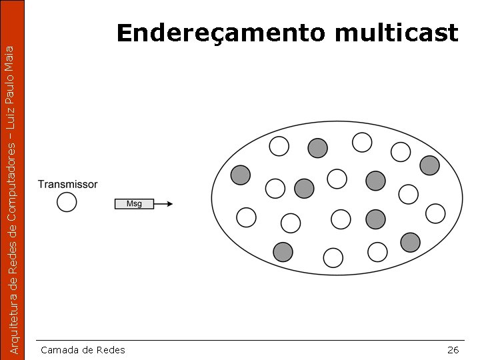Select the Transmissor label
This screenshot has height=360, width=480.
coord(67,184)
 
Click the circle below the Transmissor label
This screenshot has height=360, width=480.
coord(67,202)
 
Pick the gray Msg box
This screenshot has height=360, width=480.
coord(134,203)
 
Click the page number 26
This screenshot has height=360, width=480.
coord(453,350)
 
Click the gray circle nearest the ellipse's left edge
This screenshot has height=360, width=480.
coord(240,175)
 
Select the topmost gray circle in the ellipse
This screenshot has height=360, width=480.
coord(318,147)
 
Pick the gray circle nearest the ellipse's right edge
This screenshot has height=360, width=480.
coord(429,164)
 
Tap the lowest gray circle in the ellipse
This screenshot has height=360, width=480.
coord(283,251)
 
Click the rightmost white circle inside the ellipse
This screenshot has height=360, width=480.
coord(435,213)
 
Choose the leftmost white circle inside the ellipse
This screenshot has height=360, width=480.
coord(246,217)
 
